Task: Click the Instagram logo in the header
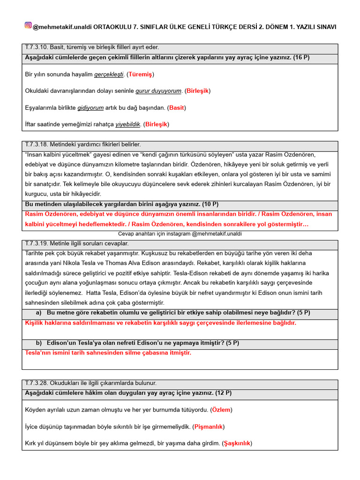coord(28,25)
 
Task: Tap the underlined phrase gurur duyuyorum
coord(158,91)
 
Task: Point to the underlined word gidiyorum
coord(90,108)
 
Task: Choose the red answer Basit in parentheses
coord(176,108)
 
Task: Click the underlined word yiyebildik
coord(127,124)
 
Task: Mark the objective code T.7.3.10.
coord(39,47)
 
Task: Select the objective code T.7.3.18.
coord(39,145)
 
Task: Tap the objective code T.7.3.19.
coord(39,244)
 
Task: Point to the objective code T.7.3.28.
coord(39,383)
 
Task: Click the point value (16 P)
coord(301,57)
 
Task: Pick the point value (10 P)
coord(209,204)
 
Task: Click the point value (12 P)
coord(222,393)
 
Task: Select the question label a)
coord(39,313)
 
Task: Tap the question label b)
coord(39,343)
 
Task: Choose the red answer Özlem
coord(221,410)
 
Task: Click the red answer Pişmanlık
coord(209,427)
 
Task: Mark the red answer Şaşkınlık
coord(237,443)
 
